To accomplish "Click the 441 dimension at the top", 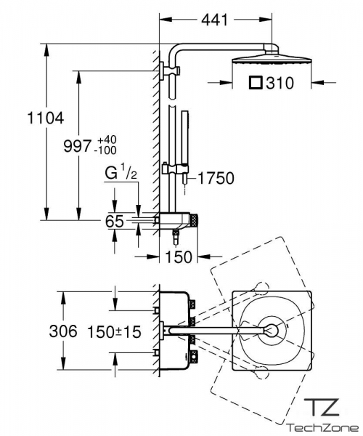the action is click(x=214, y=20).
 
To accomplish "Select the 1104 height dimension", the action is click(x=46, y=118).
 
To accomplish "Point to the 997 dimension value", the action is click(x=77, y=146).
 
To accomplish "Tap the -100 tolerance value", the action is click(x=105, y=150).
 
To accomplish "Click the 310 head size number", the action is click(x=280, y=83).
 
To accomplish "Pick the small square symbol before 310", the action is click(x=256, y=83).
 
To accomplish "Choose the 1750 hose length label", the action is click(x=216, y=178).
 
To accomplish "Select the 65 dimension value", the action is click(x=115, y=222).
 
